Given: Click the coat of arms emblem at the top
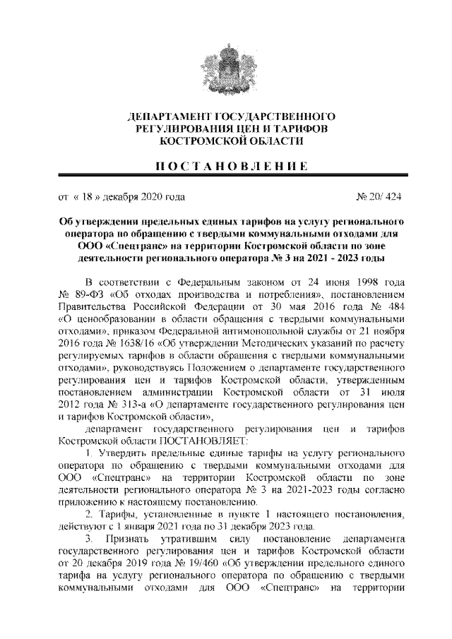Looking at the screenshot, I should pos(225,65).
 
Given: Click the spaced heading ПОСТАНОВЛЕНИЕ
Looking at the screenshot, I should pos(225,167).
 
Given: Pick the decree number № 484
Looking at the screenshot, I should pos(388,304).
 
